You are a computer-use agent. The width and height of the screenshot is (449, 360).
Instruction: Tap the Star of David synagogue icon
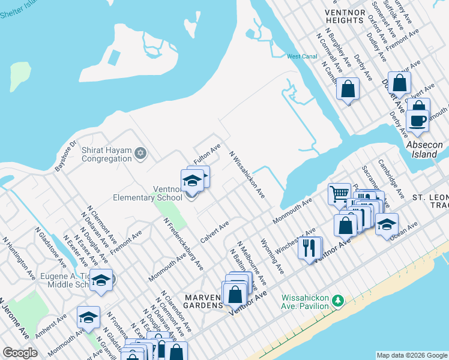pyautogui.click(x=140, y=154)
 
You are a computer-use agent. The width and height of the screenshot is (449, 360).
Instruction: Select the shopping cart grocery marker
pyautogui.click(x=339, y=194)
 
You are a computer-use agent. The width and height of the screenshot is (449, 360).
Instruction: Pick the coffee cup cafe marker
pyautogui.click(x=417, y=120)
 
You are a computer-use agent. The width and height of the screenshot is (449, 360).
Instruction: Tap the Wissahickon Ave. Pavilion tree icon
pyautogui.click(x=338, y=299)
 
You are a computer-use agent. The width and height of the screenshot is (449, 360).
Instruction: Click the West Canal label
pyautogui.click(x=302, y=56)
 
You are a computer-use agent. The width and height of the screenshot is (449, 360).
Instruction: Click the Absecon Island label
pyautogui.click(x=424, y=150)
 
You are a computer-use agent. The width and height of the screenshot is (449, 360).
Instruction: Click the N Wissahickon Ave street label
pyautogui.click(x=247, y=174)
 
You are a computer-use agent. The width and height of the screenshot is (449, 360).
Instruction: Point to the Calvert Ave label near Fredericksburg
pyautogui.click(x=215, y=232)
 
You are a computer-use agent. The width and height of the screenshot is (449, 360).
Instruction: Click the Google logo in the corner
pyautogui.click(x=20, y=353)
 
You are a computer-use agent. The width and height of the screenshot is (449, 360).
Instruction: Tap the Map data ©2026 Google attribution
pyautogui.click(x=412, y=355)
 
